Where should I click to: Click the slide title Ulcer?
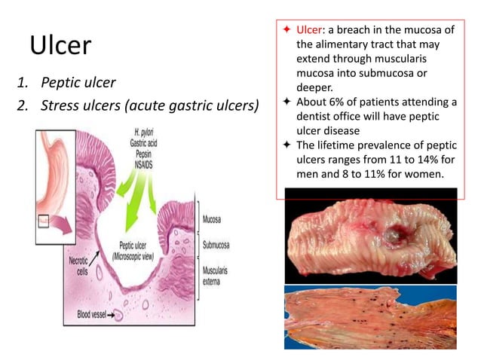click(x=60, y=47)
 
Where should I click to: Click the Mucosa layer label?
click(x=216, y=220)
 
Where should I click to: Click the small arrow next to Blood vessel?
click(x=120, y=314)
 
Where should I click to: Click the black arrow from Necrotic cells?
click(x=99, y=249)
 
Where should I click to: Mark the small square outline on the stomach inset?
click(x=44, y=221)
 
